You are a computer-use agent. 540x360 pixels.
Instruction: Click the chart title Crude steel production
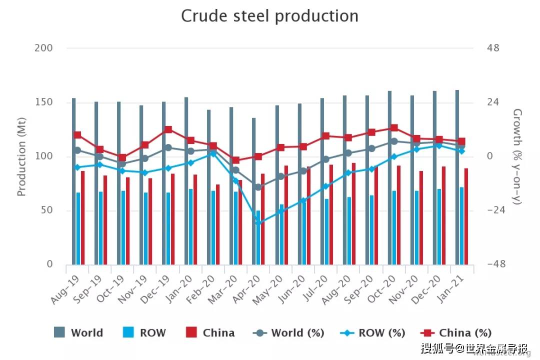pyautogui.click(x=269, y=16)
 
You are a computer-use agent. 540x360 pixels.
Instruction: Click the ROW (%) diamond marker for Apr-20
pyautogui.click(x=258, y=223)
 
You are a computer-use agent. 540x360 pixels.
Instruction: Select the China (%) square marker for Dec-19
pyautogui.click(x=168, y=129)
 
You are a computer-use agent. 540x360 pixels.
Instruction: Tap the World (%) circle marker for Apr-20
pyautogui.click(x=258, y=187)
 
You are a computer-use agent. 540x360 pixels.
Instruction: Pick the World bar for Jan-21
pyautogui.click(x=457, y=177)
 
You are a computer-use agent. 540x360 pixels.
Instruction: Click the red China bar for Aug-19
pyautogui.click(x=83, y=217)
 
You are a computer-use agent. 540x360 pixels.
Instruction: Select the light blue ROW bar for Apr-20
pyautogui.click(x=258, y=237)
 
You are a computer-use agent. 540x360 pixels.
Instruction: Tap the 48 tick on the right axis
pyautogui.click(x=493, y=48)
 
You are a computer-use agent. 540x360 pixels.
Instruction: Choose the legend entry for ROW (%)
pyautogui.click(x=372, y=333)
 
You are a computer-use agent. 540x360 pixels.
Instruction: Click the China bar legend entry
pyautogui.click(x=210, y=333)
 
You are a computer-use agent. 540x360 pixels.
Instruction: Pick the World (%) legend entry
pyautogui.click(x=289, y=333)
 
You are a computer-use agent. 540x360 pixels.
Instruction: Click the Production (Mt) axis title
pyautogui.click(x=21, y=156)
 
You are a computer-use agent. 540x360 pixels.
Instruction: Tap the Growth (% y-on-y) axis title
pyautogui.click(x=517, y=156)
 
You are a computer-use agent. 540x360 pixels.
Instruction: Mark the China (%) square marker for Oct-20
pyautogui.click(x=394, y=128)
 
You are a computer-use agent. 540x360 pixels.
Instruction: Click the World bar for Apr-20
pyautogui.click(x=254, y=191)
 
